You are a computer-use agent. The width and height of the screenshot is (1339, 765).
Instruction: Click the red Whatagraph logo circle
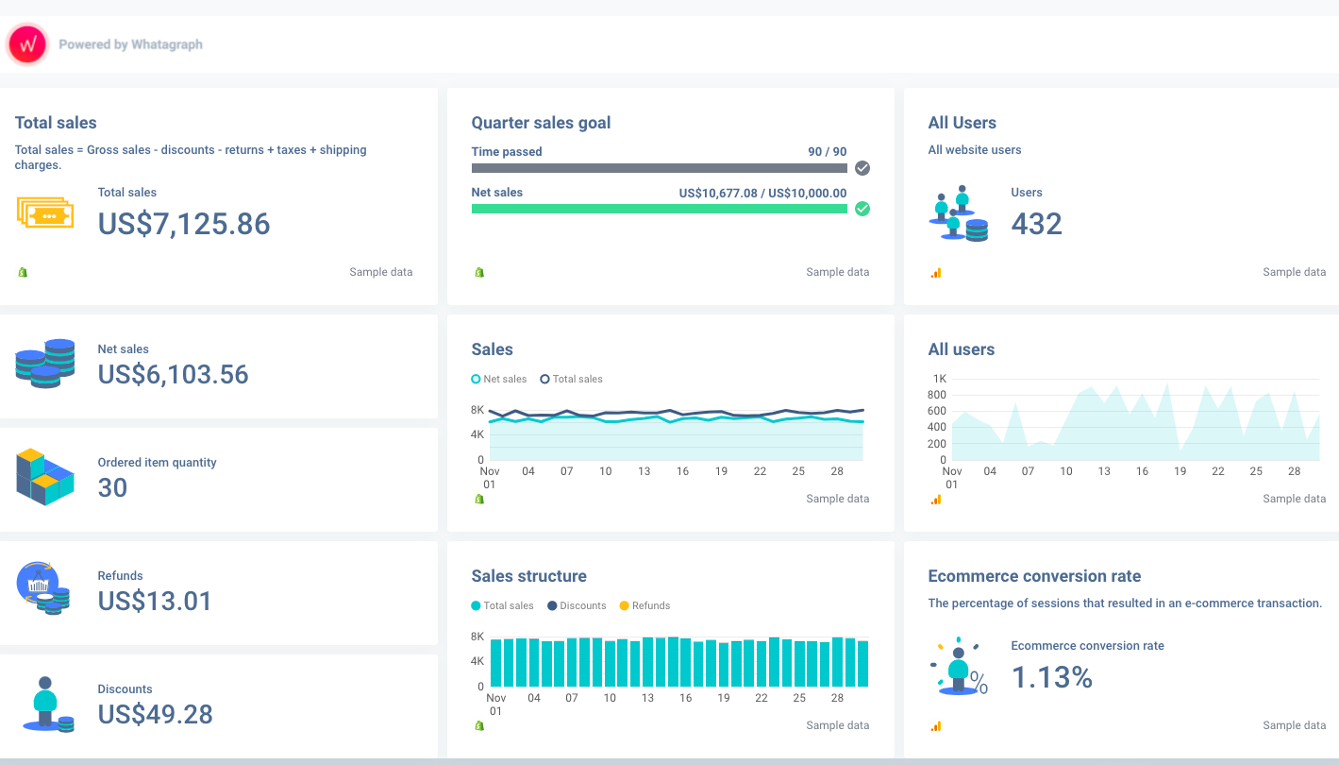(x=27, y=44)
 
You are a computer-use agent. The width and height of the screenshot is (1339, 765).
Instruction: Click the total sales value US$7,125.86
(x=184, y=224)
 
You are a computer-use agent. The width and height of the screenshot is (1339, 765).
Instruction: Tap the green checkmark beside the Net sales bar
(x=862, y=209)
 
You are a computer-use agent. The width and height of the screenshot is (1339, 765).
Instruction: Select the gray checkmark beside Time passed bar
(x=862, y=168)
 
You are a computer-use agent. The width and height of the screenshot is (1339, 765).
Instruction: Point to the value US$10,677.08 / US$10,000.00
(x=762, y=193)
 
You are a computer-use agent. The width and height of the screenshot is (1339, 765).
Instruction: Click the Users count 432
(x=1036, y=224)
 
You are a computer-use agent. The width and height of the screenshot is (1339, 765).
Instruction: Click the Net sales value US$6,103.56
(x=173, y=375)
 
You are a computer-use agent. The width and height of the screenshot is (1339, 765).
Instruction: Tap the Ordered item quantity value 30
(x=112, y=488)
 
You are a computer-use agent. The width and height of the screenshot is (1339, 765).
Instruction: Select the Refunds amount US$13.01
(x=155, y=602)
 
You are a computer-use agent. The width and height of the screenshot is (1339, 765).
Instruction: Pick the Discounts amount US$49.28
(x=155, y=715)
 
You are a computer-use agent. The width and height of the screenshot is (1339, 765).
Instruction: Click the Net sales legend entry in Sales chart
(x=499, y=379)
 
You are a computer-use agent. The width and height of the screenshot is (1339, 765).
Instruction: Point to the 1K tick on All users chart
(x=939, y=379)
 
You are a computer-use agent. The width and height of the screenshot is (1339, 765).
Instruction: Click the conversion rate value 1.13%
(x=1051, y=677)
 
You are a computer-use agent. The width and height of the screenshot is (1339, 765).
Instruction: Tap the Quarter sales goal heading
(x=541, y=123)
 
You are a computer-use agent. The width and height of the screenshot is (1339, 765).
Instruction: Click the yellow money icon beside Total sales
(x=44, y=212)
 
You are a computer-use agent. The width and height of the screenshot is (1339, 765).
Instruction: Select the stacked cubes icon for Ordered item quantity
(x=44, y=476)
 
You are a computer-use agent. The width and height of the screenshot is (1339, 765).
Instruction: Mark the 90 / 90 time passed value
(x=827, y=151)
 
